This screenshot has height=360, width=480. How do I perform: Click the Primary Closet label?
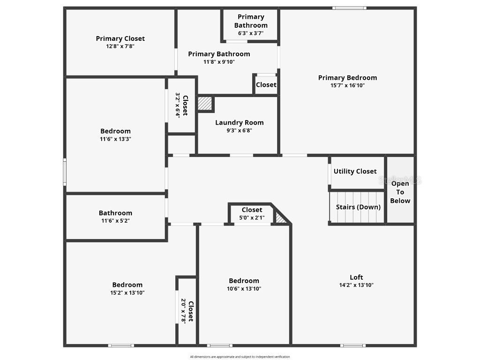[x=120, y=38]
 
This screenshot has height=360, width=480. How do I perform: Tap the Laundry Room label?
[x=240, y=123]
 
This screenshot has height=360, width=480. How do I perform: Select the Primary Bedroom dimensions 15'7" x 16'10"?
[x=347, y=85]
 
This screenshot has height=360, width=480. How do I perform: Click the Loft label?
[x=356, y=277]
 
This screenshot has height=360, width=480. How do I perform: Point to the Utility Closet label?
[x=355, y=172]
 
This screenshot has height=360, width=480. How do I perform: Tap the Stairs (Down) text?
[x=358, y=207]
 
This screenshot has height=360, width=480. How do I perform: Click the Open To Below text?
[x=400, y=192]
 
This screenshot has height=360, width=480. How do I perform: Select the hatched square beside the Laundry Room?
[x=205, y=104]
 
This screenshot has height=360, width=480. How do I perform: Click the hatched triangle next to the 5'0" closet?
[x=281, y=218]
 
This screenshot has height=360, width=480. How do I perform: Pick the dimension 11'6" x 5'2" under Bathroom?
[x=115, y=220]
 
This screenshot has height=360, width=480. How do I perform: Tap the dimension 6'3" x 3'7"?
[x=251, y=33]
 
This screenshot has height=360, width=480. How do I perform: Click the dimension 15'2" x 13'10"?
[x=127, y=292]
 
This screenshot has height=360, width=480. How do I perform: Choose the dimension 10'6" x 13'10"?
[x=244, y=289]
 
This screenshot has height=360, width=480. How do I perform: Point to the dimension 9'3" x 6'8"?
[x=240, y=130]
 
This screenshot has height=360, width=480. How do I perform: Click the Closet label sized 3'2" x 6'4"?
[x=185, y=105]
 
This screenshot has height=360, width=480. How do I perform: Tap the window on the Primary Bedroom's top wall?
[x=350, y=7]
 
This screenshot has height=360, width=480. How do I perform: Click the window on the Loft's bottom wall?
[x=352, y=345]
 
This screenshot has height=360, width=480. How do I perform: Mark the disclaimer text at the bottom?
[x=240, y=357]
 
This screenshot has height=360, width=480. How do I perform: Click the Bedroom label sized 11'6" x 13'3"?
[x=115, y=131]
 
